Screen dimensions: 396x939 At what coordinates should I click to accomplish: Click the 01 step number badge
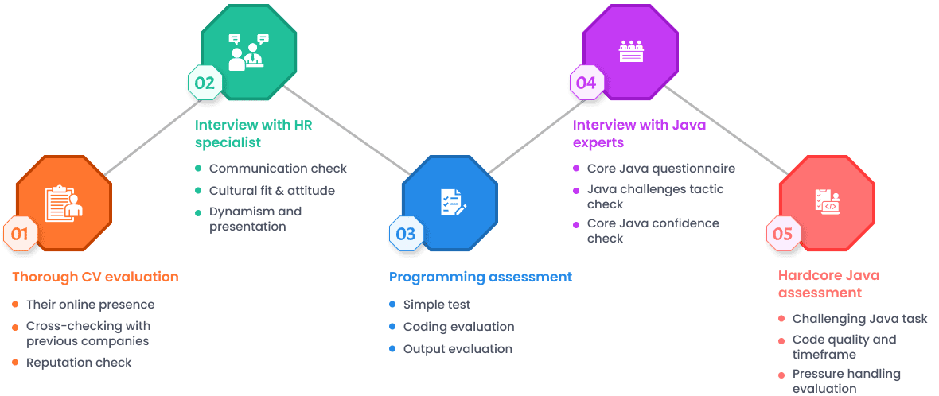[20, 234]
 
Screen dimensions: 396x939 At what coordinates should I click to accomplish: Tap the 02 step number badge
[205, 83]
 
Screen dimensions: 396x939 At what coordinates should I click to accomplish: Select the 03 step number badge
[406, 234]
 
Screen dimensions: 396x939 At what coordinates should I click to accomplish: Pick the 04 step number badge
[586, 83]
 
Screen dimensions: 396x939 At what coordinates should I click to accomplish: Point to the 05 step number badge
[783, 234]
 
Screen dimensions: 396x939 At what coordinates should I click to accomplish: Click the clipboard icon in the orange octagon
[64, 204]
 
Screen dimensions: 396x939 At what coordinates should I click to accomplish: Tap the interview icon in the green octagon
[247, 52]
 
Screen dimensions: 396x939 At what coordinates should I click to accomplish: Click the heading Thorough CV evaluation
[95, 278]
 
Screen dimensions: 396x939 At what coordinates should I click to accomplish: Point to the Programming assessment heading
[480, 278]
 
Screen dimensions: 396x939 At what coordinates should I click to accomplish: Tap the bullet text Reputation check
[79, 363]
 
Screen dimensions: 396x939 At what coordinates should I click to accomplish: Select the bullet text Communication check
[278, 169]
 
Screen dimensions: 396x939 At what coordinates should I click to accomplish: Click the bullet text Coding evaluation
[458, 327]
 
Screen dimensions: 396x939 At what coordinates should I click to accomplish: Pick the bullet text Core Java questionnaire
[660, 169]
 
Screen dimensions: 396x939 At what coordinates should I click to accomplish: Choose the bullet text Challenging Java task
[859, 319]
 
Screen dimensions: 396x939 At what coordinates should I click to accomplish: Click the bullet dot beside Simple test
[392, 305]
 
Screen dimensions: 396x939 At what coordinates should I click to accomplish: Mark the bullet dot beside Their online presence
[15, 305]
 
